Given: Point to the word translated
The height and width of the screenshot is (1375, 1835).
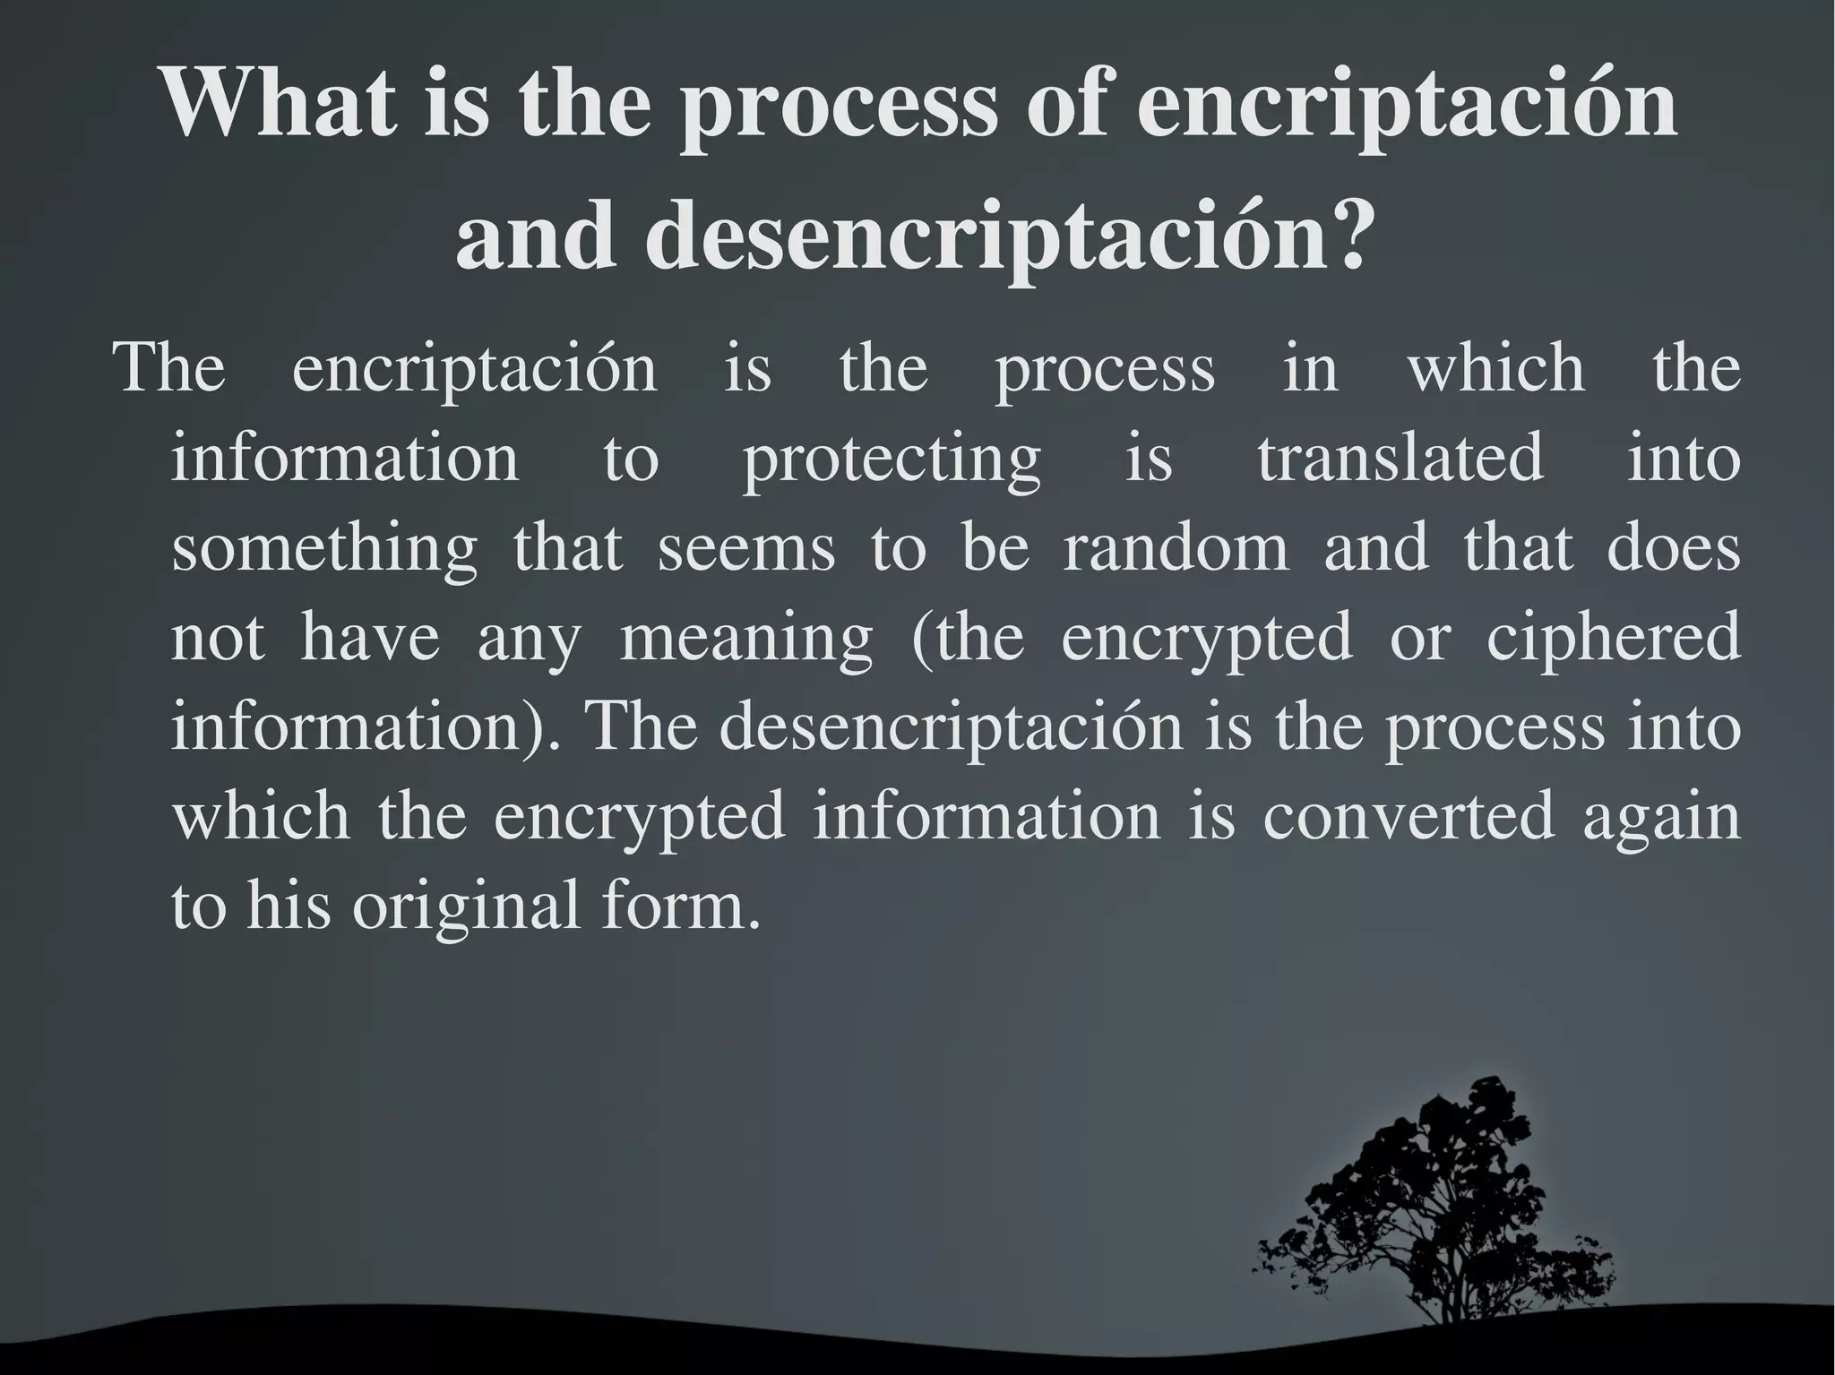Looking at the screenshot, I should point(1400,457).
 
